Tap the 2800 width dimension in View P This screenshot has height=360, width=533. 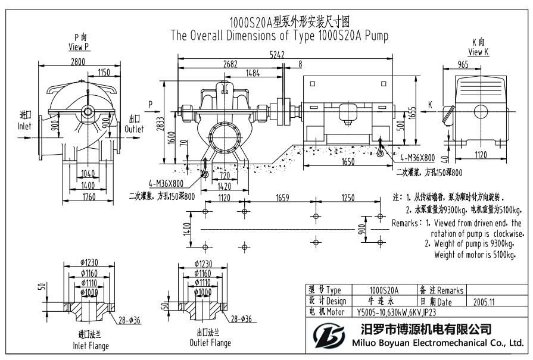click(x=77, y=61)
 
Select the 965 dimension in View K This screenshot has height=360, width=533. click(x=462, y=63)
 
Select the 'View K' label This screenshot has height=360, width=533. click(x=478, y=52)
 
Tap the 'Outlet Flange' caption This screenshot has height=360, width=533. click(x=210, y=343)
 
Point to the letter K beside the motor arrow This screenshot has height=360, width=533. click(x=429, y=105)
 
